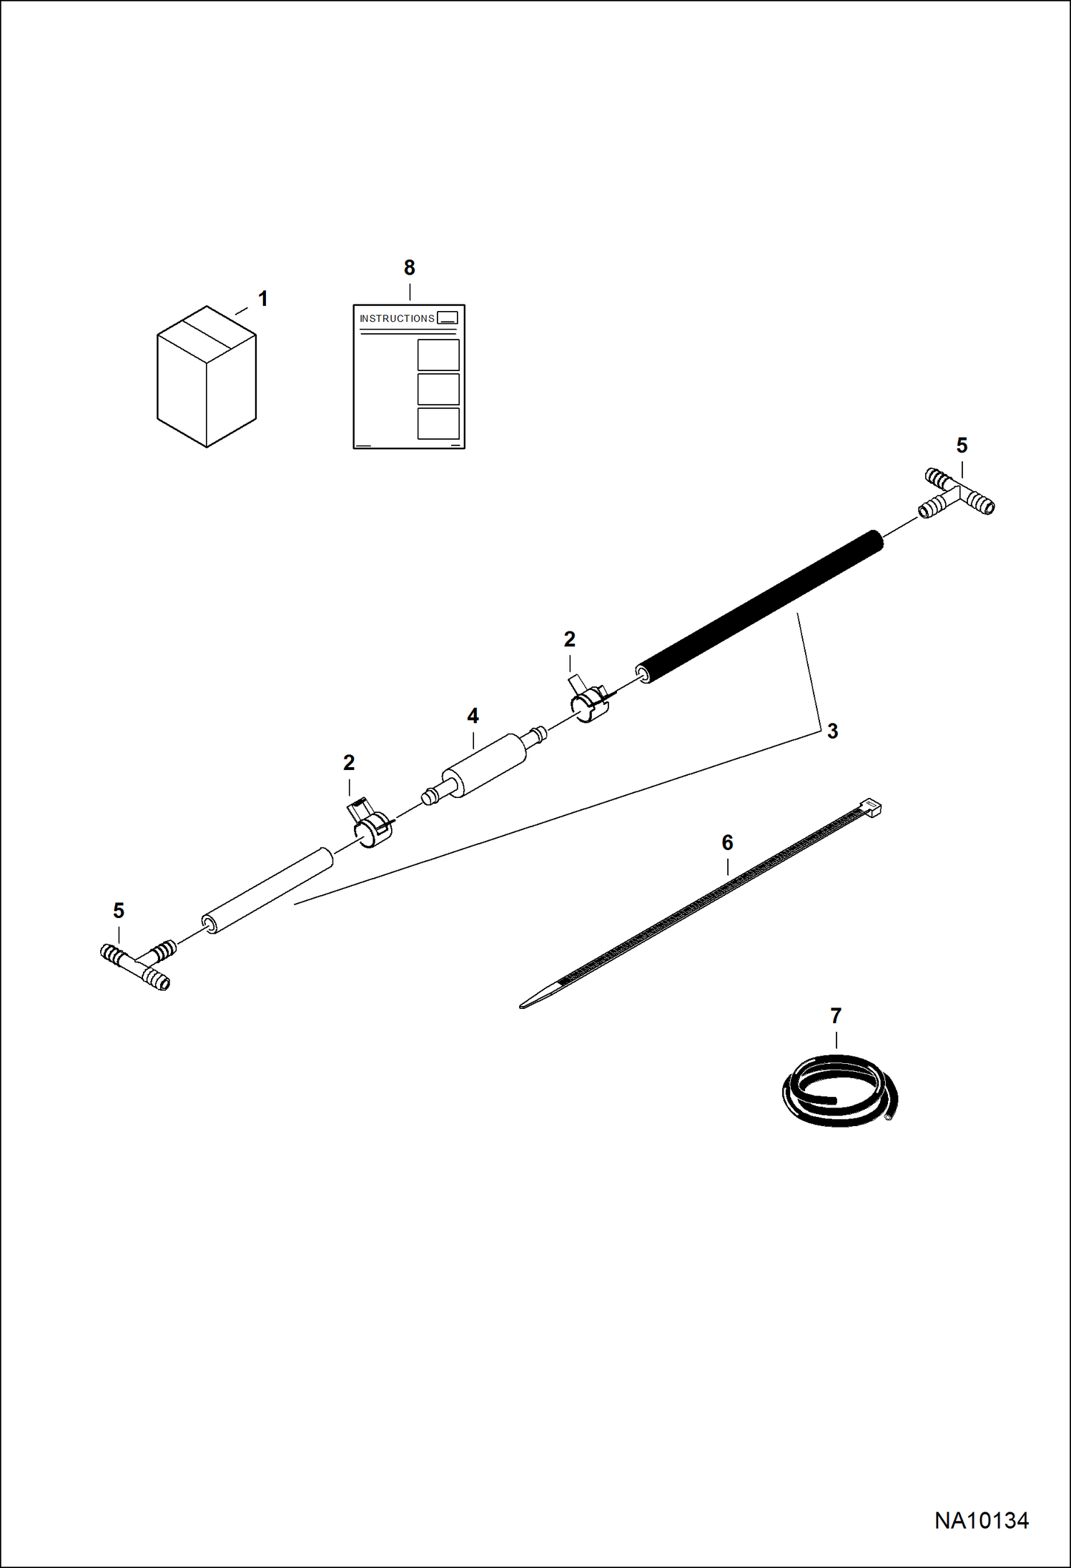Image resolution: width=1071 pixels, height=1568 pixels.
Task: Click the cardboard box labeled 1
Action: pyautogui.click(x=207, y=377)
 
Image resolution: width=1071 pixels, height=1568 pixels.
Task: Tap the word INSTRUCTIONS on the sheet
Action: pyautogui.click(x=397, y=318)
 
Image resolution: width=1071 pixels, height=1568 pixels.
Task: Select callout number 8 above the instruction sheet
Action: pyautogui.click(x=409, y=267)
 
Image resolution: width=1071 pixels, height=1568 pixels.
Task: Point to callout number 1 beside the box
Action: pyautogui.click(x=263, y=299)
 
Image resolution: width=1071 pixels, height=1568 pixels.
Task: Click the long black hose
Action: pyautogui.click(x=759, y=607)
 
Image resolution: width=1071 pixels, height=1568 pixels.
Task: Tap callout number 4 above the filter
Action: pyautogui.click(x=473, y=716)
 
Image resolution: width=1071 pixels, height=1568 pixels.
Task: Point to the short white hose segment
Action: pyautogui.click(x=267, y=891)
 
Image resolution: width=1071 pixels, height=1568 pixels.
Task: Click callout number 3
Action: pyautogui.click(x=832, y=731)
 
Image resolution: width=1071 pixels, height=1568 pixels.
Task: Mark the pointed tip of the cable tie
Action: pyautogui.click(x=520, y=1007)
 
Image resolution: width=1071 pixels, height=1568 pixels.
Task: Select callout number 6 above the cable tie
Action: pyautogui.click(x=727, y=842)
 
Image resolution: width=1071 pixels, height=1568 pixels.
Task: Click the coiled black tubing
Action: pyautogui.click(x=839, y=1090)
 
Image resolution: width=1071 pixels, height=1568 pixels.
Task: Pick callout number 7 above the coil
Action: pyautogui.click(x=836, y=1015)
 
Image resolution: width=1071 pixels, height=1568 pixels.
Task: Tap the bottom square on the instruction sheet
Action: pyautogui.click(x=438, y=423)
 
